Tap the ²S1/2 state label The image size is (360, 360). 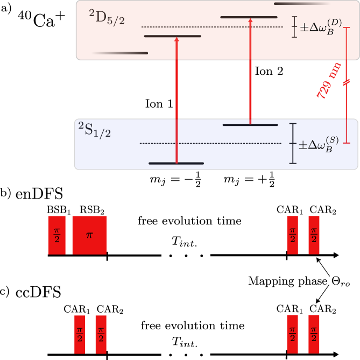95,129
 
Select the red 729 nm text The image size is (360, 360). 329,81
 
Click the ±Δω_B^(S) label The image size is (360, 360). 319,144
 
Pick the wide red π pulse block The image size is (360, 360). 89,235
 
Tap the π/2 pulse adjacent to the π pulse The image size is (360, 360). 57,235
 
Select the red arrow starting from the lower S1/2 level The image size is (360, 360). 177,100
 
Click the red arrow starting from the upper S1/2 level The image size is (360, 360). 250,71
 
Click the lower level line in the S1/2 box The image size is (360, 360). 176,163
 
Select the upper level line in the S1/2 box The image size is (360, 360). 250,125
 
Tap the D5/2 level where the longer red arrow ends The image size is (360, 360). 173,36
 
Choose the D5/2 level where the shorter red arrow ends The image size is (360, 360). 249,17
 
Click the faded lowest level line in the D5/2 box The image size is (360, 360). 119,53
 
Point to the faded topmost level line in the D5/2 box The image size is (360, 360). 302,3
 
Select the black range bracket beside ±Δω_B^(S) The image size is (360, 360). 293,143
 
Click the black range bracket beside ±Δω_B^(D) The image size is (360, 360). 294,27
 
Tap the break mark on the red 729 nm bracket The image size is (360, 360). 347,82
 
